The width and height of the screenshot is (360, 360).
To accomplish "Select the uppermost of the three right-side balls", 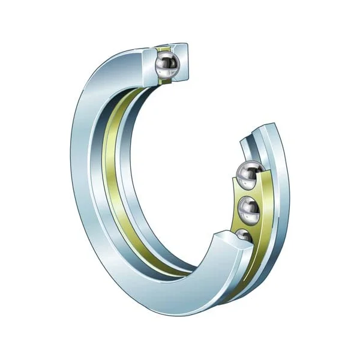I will (247, 174).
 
